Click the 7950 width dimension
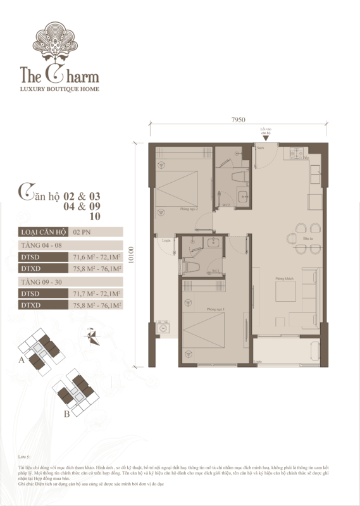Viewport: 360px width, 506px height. click(238, 120)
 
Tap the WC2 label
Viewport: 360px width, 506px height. click(224, 204)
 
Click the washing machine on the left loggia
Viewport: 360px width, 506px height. click(163, 329)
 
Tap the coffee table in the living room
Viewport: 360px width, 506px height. click(285, 293)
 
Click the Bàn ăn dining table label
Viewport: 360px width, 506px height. click(309, 238)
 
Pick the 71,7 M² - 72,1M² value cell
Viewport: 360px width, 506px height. click(95, 293)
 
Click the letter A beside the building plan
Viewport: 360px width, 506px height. click(22, 360)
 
